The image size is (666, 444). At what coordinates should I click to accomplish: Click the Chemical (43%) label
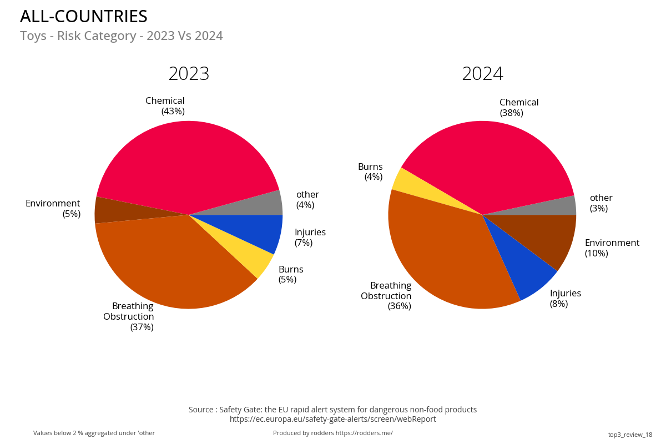(x=165, y=106)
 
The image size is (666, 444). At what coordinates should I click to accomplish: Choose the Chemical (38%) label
(x=518, y=108)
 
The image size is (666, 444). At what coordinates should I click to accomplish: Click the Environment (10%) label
(x=612, y=248)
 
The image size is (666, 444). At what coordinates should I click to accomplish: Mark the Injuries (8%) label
(x=565, y=299)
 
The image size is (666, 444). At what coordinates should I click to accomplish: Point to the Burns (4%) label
(x=371, y=172)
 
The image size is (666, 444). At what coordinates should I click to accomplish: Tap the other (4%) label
(x=307, y=200)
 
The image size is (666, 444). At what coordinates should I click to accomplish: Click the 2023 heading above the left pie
(x=189, y=74)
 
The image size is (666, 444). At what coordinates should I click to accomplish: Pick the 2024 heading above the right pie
(x=482, y=74)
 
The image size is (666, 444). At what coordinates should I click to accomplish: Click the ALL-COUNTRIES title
(x=84, y=17)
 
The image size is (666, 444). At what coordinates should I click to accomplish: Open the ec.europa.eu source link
(x=332, y=419)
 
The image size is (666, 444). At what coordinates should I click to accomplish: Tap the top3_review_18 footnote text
(x=630, y=435)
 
